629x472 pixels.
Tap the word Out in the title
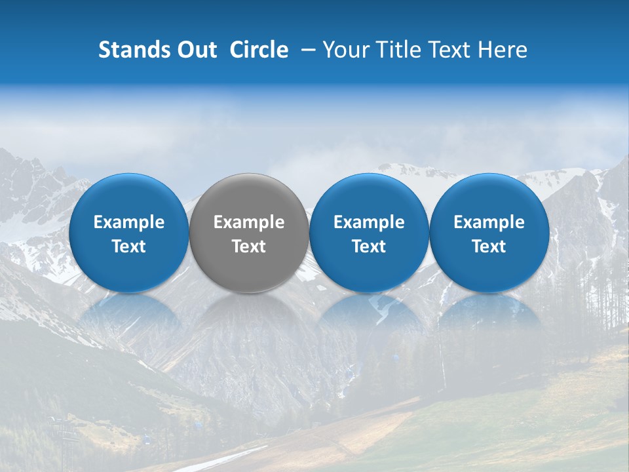(x=195, y=50)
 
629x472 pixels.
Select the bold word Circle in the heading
(x=259, y=50)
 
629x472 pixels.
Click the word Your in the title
(x=344, y=50)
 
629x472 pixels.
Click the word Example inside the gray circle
(x=249, y=222)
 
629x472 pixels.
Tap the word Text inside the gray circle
(x=249, y=246)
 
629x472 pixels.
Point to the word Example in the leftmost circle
(x=128, y=222)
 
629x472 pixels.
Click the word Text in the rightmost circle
(x=489, y=246)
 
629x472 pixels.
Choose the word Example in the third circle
(x=369, y=222)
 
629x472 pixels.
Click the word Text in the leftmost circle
(x=128, y=246)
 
